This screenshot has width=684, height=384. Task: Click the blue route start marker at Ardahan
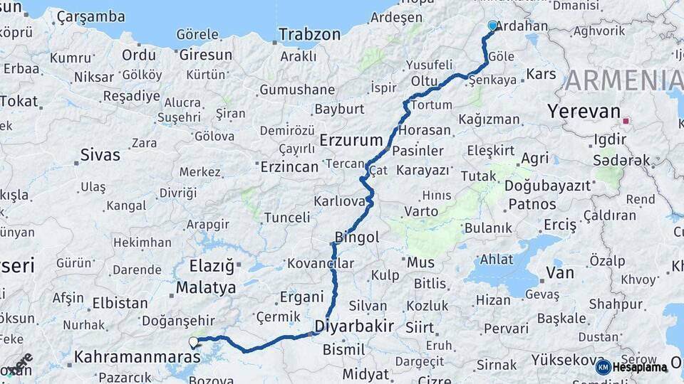point(492,26)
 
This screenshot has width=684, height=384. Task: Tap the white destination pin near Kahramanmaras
point(193,342)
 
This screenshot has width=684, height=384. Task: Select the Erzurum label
point(351,140)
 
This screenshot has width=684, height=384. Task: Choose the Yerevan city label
point(584,112)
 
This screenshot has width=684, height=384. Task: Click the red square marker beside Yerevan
point(626,121)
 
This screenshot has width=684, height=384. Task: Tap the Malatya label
point(205,288)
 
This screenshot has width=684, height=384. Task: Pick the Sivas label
point(100,154)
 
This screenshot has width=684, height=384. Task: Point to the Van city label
point(559,272)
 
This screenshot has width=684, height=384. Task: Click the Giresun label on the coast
point(205,55)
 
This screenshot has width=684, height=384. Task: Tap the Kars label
point(541,74)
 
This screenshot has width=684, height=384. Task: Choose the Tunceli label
point(287,218)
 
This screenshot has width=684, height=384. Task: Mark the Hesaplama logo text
point(639,368)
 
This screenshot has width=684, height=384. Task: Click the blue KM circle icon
point(603,368)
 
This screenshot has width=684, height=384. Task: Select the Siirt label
point(419,327)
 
